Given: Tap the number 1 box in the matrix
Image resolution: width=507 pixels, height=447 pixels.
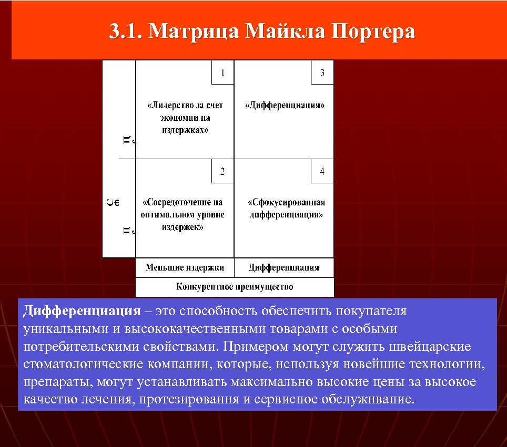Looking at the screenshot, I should tap(222, 73).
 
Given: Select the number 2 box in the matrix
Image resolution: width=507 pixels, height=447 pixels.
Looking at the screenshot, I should tap(222, 171).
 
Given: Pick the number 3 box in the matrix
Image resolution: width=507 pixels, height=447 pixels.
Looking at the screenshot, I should tap(322, 73).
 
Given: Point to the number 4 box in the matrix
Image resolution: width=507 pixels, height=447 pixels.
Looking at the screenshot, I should tap(322, 171).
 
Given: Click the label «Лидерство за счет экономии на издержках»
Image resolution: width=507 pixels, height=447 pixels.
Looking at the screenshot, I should tap(185, 118).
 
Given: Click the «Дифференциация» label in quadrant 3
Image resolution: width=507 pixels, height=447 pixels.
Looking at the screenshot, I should tap(285, 105).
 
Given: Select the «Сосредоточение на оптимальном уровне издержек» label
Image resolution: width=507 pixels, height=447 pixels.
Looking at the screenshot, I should tap(183, 214).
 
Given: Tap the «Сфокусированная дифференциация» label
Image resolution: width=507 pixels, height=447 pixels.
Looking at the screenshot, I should tap(286, 209).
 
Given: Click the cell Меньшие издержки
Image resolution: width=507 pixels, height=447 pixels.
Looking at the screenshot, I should tap(185, 267).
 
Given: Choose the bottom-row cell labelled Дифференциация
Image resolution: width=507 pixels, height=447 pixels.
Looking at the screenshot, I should tap(284, 267).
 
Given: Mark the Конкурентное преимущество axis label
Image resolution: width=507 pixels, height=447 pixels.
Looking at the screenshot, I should tap(235, 287).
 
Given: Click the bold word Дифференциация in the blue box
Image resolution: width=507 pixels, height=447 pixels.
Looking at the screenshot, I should tap(82, 310).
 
